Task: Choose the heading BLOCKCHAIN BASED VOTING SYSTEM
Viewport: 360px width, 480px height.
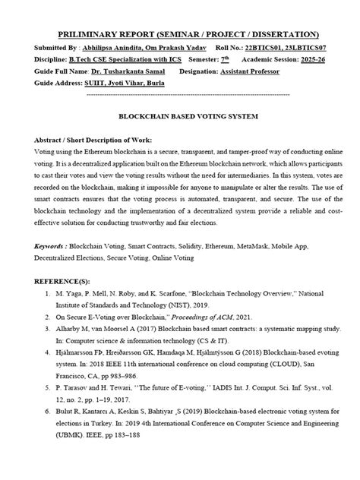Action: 180,119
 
